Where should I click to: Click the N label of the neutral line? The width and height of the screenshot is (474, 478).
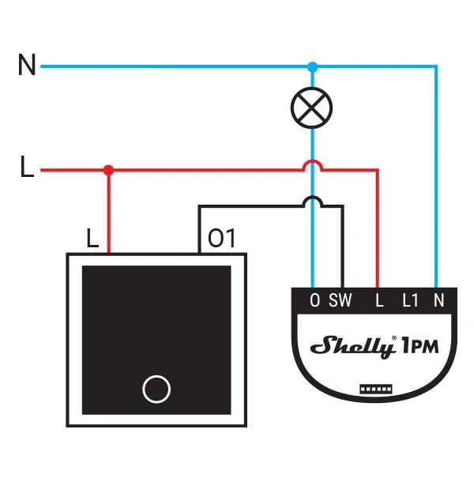tap(27, 64)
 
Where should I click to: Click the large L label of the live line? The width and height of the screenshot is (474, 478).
tap(27, 166)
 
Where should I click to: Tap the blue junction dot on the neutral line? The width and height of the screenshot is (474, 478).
tap(312, 66)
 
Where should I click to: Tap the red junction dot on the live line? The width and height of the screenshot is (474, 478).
tap(108, 170)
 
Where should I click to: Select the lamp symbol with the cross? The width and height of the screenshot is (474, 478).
tap(311, 107)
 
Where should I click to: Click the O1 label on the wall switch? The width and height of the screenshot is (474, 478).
tap(221, 238)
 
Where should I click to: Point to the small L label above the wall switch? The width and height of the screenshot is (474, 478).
tap(92, 238)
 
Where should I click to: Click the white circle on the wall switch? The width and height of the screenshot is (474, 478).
tap(156, 390)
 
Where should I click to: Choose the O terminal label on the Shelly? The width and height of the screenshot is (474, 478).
tap(315, 300)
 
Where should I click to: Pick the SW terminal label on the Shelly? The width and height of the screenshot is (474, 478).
tap(340, 300)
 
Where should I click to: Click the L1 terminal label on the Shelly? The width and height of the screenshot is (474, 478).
tap(410, 300)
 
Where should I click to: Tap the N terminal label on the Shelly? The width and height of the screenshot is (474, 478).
tap(438, 300)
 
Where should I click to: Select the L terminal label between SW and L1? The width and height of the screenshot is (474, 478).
tap(379, 300)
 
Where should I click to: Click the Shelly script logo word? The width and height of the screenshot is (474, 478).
tap(352, 347)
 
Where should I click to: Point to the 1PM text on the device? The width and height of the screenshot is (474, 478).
tap(420, 346)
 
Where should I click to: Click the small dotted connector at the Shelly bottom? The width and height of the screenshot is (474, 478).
tap(376, 390)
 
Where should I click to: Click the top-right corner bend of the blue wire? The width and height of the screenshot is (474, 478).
tap(436, 66)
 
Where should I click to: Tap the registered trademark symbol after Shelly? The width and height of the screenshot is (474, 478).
tap(394, 338)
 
